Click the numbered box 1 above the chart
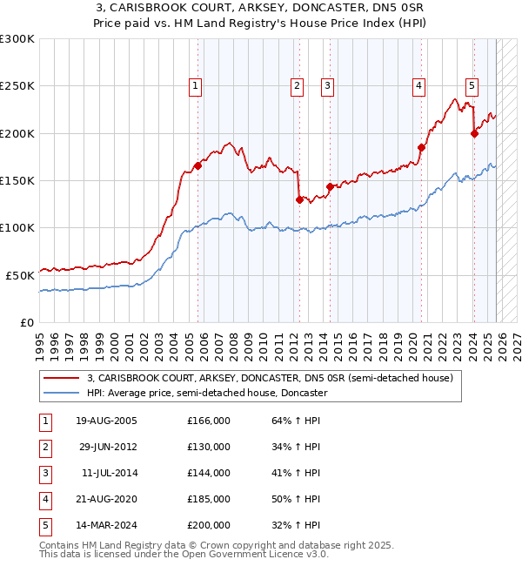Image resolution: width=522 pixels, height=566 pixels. point(195,85)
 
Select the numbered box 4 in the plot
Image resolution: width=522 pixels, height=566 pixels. point(418,85)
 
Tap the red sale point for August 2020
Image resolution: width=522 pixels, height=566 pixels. point(421,147)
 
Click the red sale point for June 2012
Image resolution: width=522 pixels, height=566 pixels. point(299,199)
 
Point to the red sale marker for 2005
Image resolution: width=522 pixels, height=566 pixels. point(197,165)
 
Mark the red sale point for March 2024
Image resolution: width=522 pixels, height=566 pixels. point(474,133)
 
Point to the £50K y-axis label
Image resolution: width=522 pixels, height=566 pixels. point(20,275)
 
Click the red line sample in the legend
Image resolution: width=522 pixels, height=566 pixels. point(62,379)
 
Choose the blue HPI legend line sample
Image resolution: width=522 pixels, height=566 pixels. point(62,394)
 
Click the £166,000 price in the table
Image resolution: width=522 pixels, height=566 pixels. point(209,421)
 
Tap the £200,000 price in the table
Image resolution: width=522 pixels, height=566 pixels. point(209,525)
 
